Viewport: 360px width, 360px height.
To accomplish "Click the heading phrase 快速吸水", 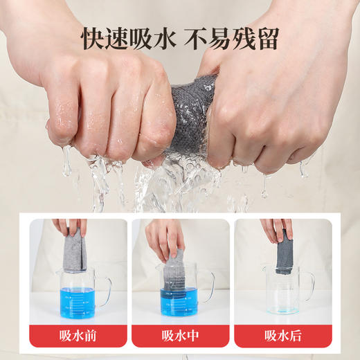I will pos(126,38).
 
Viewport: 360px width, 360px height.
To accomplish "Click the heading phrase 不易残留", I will pos(235,38).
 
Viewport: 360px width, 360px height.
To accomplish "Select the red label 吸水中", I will pos(180,336).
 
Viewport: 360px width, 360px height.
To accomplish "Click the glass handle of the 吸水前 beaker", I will pos(106,287).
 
